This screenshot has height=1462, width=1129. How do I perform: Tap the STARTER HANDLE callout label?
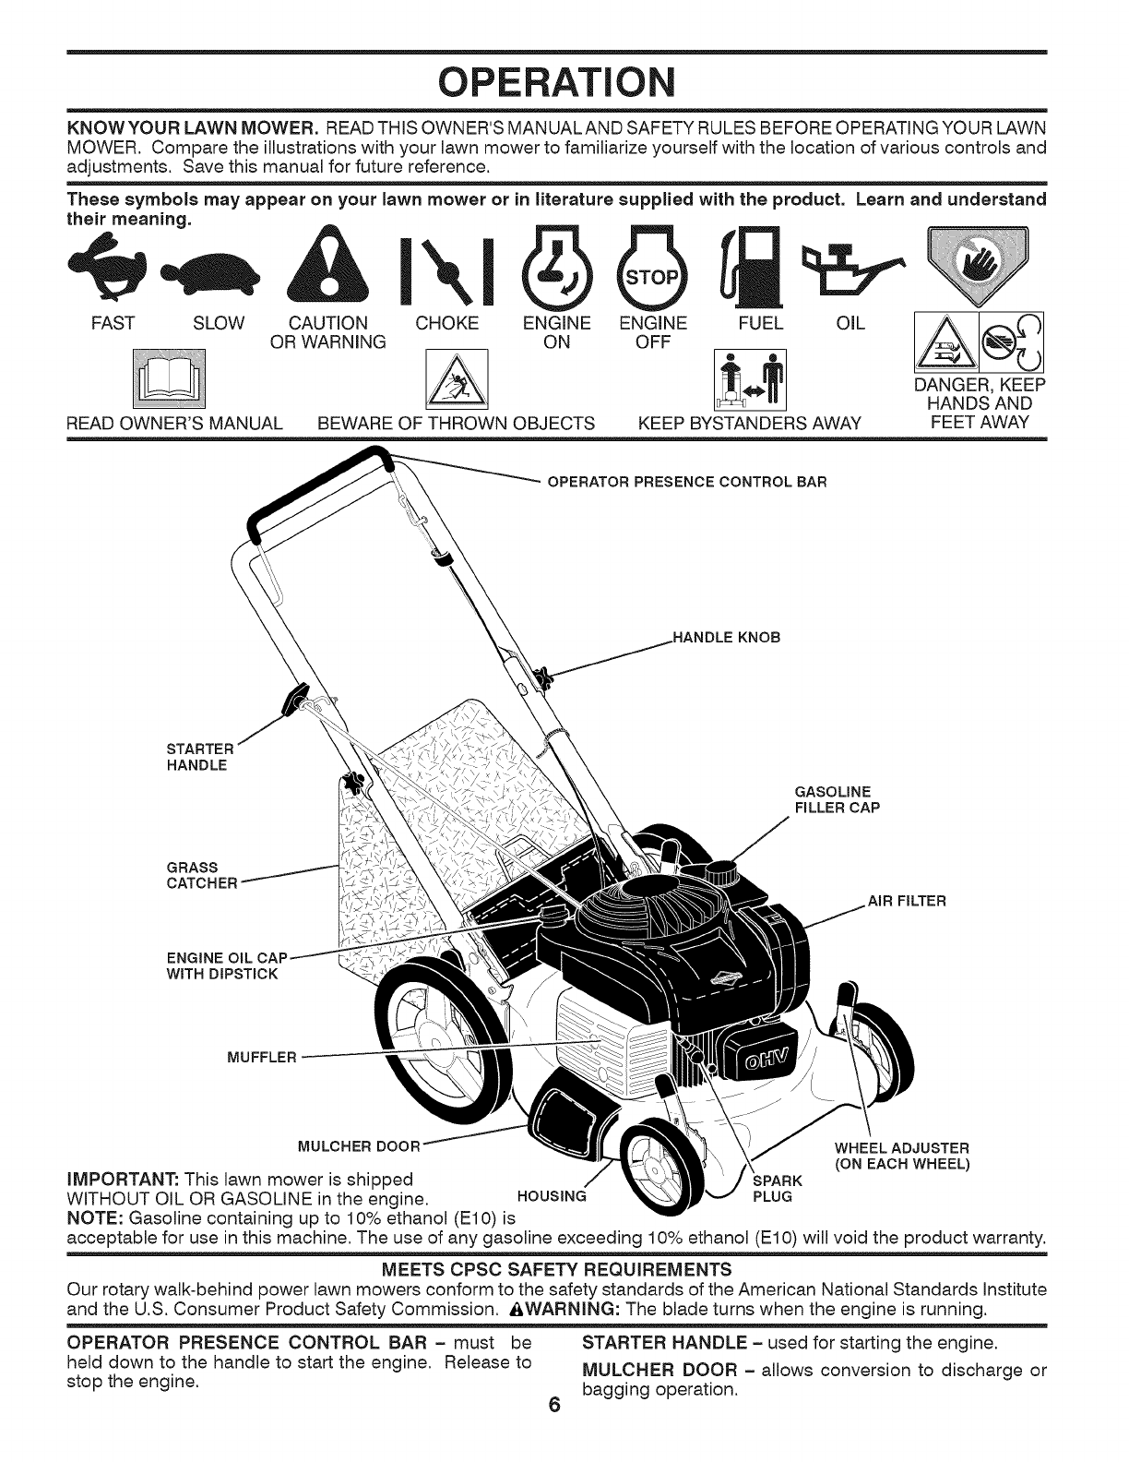tap(196, 757)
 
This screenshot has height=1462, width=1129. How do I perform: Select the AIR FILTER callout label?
tap(907, 901)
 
